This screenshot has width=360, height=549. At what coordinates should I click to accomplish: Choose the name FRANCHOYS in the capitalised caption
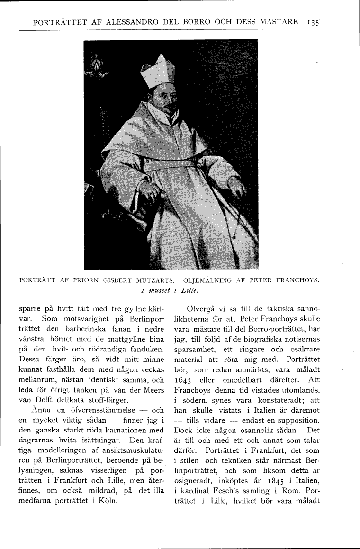point(297,279)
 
